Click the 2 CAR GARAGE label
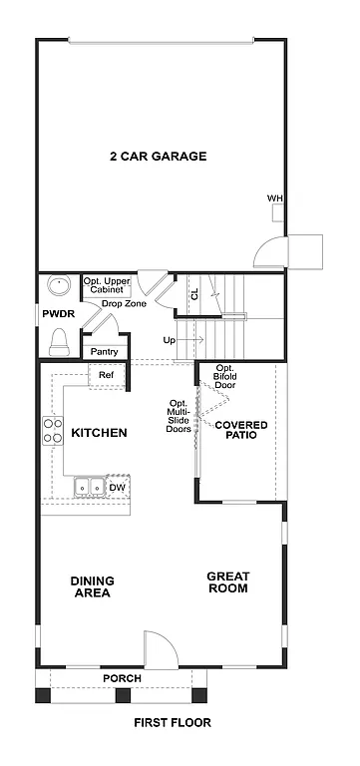coord(159,156)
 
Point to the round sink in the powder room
coord(59,286)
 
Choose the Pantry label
coord(104,351)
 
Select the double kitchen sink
coord(90,487)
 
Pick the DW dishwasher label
coord(117,487)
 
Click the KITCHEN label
coord(99,433)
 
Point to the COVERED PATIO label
coord(241,430)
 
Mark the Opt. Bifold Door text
coord(225,376)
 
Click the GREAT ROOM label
coord(227,581)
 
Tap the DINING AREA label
coord(91,586)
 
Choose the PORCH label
coord(122,678)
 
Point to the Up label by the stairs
coord(170,340)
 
